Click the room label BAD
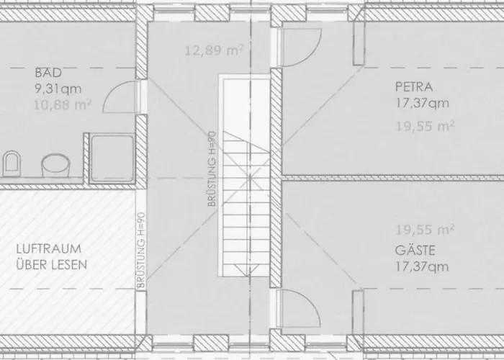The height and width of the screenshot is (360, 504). click(x=44, y=73)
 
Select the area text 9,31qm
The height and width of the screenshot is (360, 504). click(x=54, y=90)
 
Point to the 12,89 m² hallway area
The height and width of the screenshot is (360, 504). click(x=213, y=50)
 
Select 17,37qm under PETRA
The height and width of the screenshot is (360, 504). click(x=422, y=102)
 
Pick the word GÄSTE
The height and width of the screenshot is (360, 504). click(x=414, y=252)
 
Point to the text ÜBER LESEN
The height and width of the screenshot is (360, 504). click(x=51, y=264)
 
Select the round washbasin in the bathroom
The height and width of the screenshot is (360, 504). click(x=55, y=166)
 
